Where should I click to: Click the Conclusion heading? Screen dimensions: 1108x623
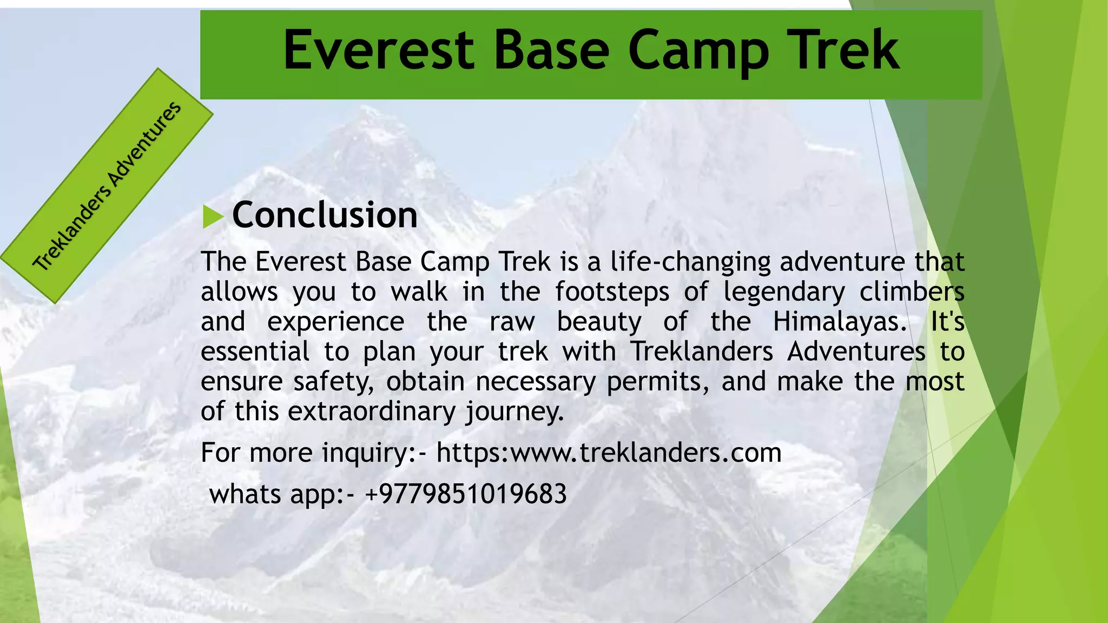[325, 215]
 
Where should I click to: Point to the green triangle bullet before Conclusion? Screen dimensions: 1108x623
[213, 217]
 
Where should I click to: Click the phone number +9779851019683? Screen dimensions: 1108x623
[466, 494]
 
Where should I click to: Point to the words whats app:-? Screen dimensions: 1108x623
[282, 494]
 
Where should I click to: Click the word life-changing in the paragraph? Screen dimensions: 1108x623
[690, 262]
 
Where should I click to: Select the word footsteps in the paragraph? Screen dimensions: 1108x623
[612, 292]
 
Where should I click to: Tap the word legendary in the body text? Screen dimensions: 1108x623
[784, 293]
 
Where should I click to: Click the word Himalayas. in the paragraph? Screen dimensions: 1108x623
[840, 322]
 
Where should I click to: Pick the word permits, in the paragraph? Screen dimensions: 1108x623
[657, 382]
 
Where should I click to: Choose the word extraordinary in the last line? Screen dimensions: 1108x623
[372, 412]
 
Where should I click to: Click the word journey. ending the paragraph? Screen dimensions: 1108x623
[515, 412]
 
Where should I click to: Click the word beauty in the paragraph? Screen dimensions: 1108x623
[599, 322]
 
